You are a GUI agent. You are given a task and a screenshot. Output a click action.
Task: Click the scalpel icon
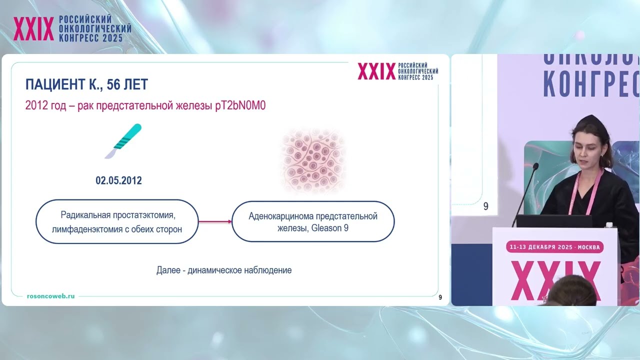[123, 140]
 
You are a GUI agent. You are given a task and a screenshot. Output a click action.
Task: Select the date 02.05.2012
[118, 180]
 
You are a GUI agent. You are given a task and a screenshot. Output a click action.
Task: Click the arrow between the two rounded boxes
[215, 221]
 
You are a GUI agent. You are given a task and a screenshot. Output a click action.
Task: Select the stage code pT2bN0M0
[236, 106]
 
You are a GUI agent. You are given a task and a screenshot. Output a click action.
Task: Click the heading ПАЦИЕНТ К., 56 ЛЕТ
[86, 84]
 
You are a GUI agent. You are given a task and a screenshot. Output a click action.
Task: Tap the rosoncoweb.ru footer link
[51, 296]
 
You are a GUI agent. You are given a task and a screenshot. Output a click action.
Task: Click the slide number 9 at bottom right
[440, 297]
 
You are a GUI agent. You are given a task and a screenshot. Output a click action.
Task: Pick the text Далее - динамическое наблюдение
[223, 270]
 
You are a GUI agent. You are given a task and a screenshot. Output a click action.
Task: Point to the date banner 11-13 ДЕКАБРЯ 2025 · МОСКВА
[555, 247]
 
